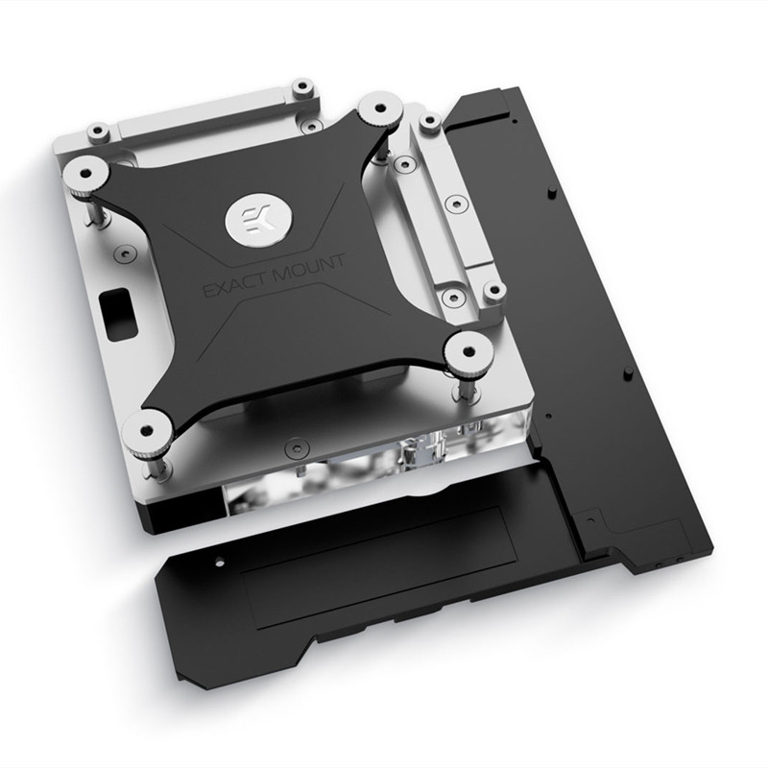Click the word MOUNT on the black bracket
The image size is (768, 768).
[309, 267]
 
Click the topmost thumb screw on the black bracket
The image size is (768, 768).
[379, 109]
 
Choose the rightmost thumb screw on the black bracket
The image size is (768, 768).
[468, 350]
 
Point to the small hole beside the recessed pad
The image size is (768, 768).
[221, 559]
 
